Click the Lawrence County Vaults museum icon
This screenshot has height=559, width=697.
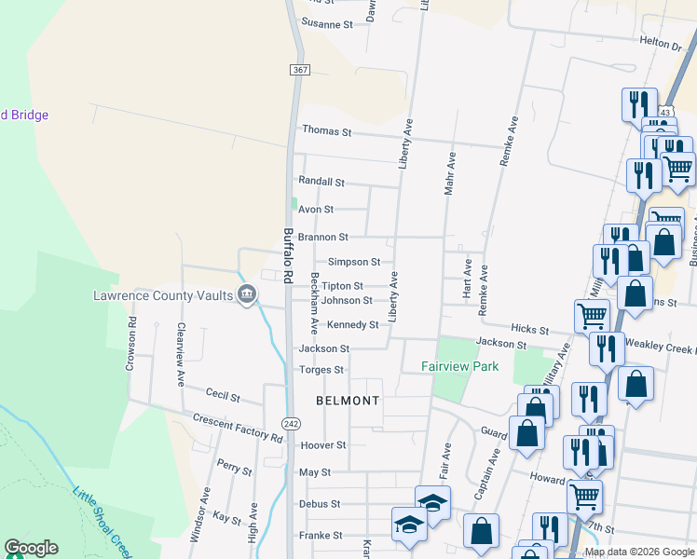click(247, 296)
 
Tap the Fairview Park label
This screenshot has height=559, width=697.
click(459, 366)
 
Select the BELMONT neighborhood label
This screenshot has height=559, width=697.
click(348, 401)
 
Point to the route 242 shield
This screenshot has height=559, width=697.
click(291, 423)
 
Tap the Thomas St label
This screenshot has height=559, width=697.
click(325, 132)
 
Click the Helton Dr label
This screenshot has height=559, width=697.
click(661, 43)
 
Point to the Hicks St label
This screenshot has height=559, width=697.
click(529, 330)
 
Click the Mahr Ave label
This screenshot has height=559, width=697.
click(449, 174)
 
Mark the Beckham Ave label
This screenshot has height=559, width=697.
click(315, 303)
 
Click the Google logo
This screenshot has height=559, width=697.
click(31, 548)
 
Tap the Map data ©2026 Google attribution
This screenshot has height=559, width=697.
click(638, 552)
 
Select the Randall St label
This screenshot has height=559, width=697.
click(321, 182)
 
